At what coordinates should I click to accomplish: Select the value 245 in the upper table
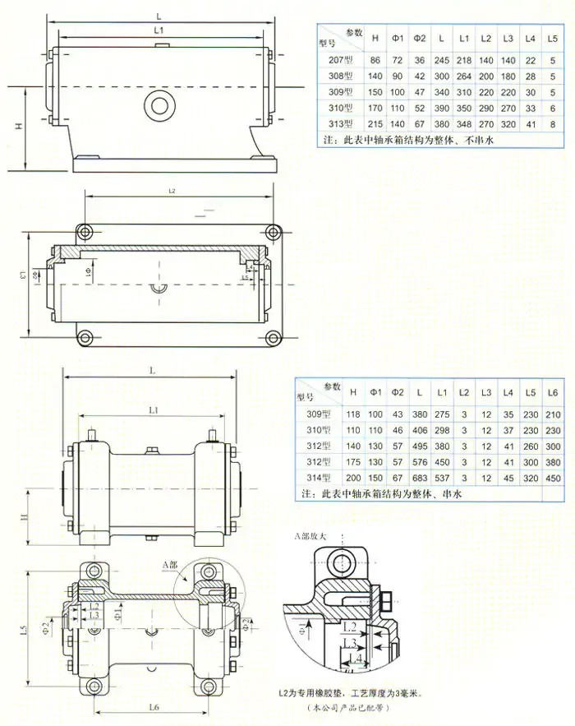(x=442, y=61)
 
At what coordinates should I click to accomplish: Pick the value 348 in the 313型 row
(x=464, y=123)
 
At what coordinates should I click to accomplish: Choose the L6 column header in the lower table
(x=553, y=391)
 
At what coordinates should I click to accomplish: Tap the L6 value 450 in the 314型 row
(x=553, y=477)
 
